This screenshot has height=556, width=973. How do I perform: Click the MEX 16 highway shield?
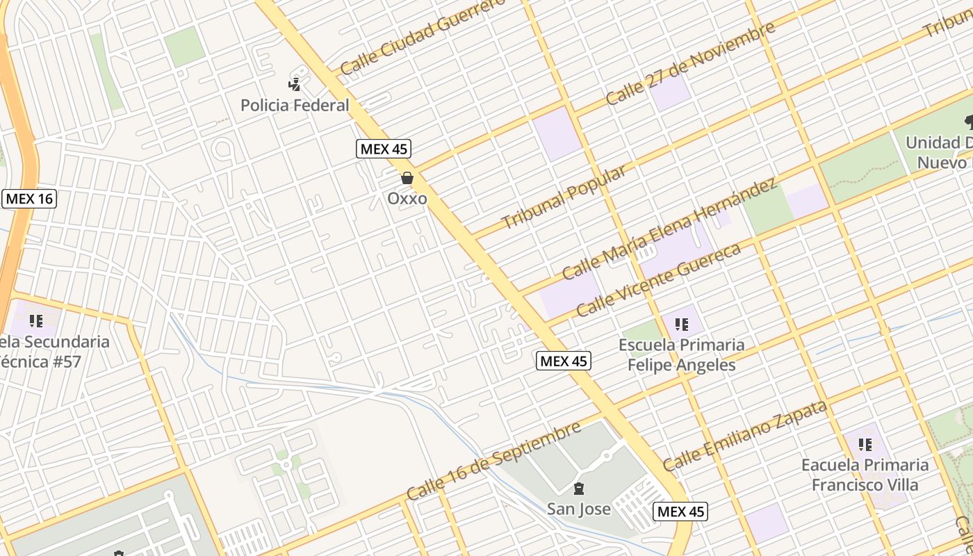[28, 199]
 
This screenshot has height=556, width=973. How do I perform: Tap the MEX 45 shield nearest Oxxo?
[384, 148]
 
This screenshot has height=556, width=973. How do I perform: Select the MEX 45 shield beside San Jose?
[680, 512]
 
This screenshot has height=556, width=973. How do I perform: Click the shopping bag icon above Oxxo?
[407, 178]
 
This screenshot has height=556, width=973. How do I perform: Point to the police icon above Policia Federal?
[295, 84]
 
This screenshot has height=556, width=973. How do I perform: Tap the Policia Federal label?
[295, 106]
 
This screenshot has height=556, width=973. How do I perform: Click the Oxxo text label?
[407, 199]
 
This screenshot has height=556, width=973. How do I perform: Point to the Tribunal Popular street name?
[563, 197]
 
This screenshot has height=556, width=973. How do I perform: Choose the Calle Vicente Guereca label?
[658, 280]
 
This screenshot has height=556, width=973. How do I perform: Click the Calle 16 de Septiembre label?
[493, 460]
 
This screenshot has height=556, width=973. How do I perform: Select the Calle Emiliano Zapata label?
[745, 435]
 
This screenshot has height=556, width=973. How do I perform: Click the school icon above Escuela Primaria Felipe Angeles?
[681, 324]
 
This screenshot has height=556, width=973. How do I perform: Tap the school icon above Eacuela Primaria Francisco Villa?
[865, 444]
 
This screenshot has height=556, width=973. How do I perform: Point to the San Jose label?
[579, 509]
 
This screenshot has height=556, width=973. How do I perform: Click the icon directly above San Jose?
[579, 488]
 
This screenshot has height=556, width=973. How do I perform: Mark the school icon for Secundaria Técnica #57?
[36, 321]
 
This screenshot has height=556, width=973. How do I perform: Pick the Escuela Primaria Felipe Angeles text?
[681, 355]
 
